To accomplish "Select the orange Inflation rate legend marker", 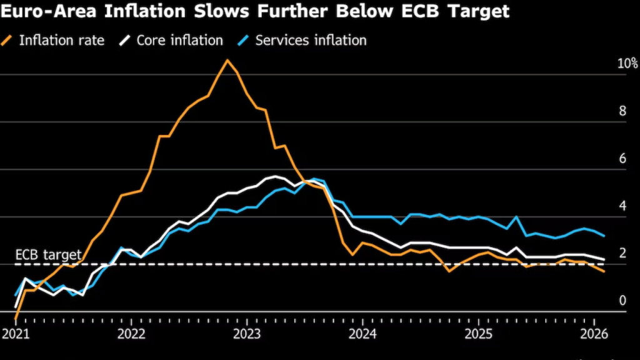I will tap(8, 41).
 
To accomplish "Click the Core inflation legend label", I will tap(179, 41).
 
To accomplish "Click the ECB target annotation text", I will tap(48, 255).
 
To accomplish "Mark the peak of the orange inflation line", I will tap(227, 60).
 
